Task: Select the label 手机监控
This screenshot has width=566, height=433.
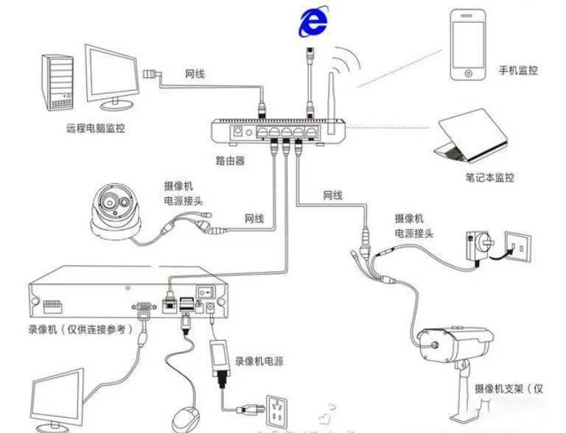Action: click(x=518, y=71)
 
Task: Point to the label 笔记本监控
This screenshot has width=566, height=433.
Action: click(x=489, y=177)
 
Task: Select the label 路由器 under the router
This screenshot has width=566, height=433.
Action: click(x=231, y=160)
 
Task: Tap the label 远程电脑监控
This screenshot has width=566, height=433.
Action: click(x=96, y=128)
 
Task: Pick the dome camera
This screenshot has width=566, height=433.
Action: click(x=114, y=209)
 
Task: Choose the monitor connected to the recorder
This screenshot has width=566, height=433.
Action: click(x=56, y=401)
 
